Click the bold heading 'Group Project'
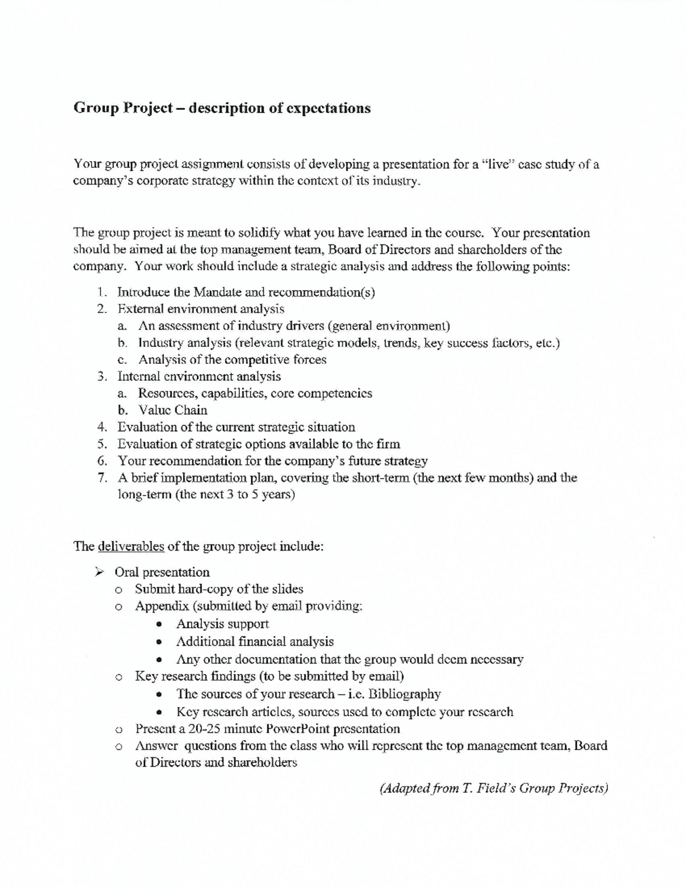pos(123,108)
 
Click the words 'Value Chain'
pos(173,410)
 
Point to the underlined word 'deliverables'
pos(131,547)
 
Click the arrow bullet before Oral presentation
pos(99,572)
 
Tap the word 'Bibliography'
pos(404,694)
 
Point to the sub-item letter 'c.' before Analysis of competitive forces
pos(122,360)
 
